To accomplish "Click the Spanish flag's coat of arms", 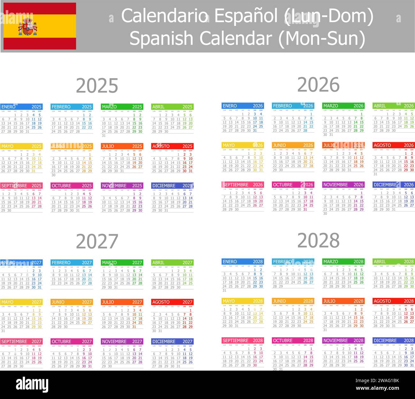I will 28,27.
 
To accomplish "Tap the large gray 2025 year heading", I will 97,85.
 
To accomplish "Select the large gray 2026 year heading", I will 318,85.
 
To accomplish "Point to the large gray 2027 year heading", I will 97,241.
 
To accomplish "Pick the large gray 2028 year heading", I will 318,240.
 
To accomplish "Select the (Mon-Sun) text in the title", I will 322,39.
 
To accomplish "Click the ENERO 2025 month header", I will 21,107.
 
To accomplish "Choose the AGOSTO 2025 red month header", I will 172,146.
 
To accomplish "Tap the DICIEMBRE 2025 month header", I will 172,186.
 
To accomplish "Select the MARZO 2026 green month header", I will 343,106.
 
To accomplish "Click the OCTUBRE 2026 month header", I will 293,185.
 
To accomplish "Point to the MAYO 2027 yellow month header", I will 21,302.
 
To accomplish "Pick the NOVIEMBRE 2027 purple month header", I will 122,342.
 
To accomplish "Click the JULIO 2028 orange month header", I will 343,301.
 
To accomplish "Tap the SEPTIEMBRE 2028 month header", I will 243,341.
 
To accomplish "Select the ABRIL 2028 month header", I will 394,262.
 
